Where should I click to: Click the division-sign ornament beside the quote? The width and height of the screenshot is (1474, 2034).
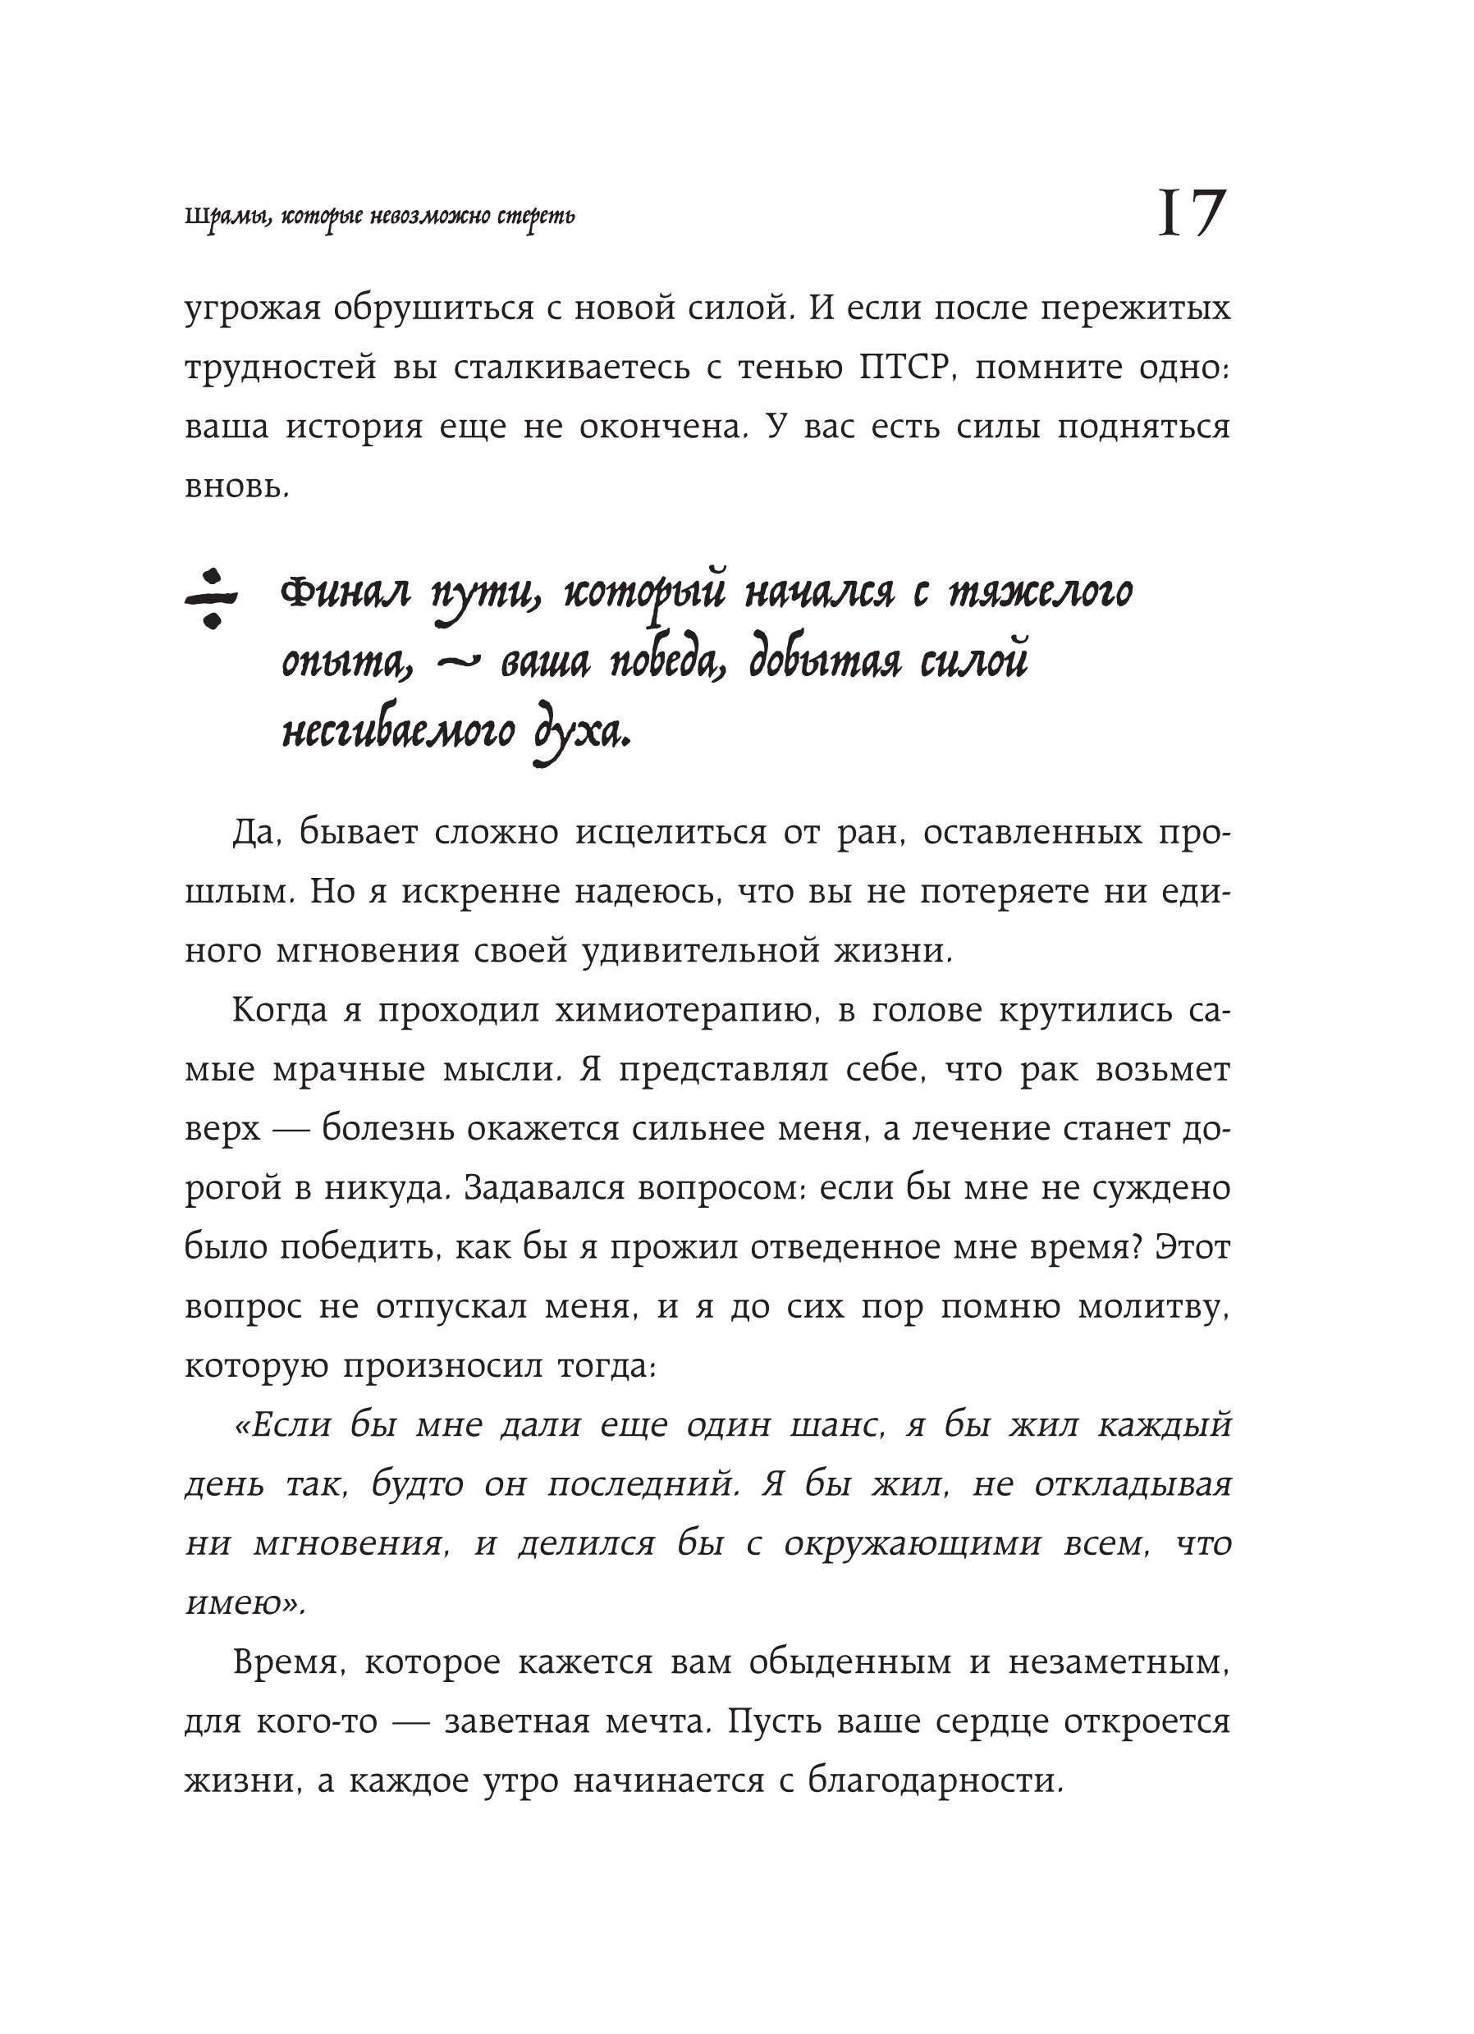pos(211,597)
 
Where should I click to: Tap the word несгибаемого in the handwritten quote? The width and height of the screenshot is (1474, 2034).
pos(399,734)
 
